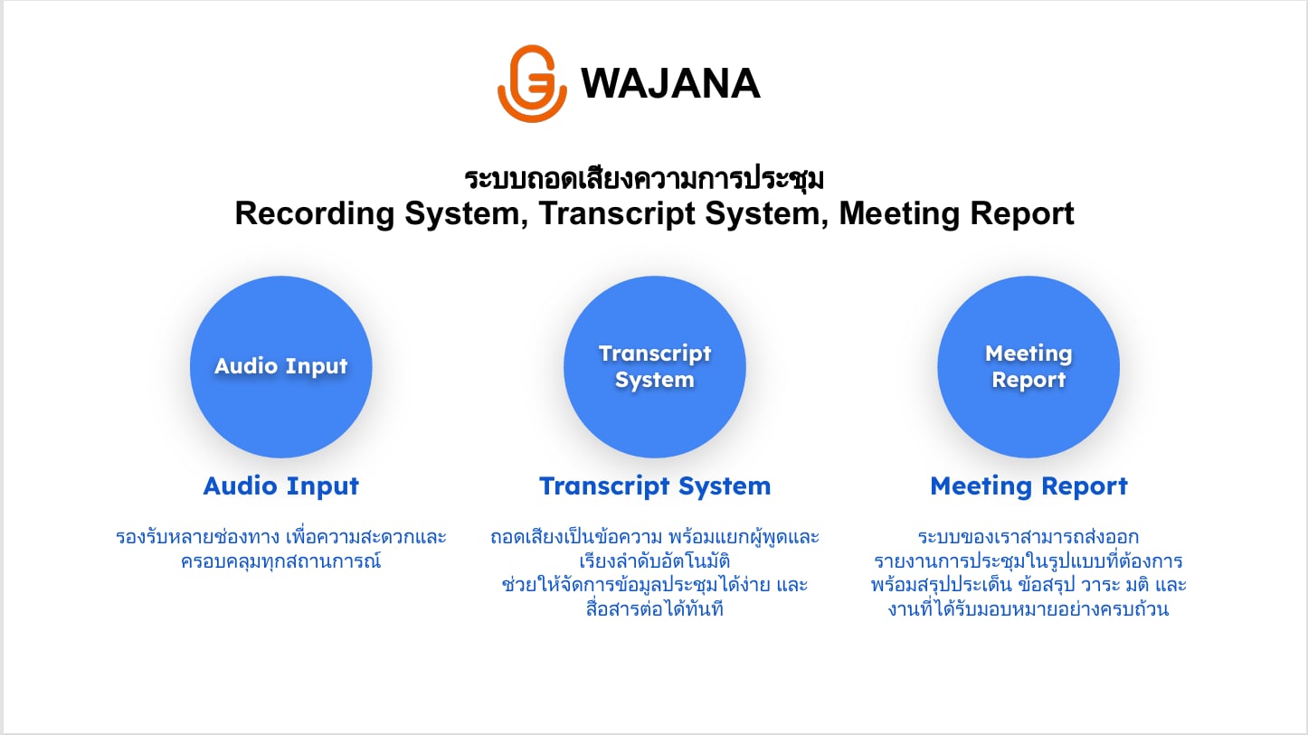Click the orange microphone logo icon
pos(532,83)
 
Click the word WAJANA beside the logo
pos(670,83)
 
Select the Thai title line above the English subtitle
pos(644,178)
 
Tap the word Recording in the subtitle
pos(315,213)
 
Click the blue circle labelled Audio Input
pos(281,367)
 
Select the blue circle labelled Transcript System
pos(655,367)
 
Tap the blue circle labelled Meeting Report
pos(1028,367)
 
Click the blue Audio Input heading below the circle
pos(281,486)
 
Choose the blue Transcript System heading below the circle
pos(655,486)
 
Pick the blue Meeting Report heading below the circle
pos(1028,486)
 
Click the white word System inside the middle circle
pos(655,380)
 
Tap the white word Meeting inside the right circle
pos(1028,353)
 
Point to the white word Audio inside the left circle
pos(246,366)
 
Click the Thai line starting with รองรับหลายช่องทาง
pos(281,536)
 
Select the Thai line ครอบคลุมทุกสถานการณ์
pos(281,561)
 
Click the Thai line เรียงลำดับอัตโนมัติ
pos(655,561)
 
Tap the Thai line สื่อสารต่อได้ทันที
pos(655,609)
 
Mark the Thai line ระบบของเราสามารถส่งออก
pos(1028,536)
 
